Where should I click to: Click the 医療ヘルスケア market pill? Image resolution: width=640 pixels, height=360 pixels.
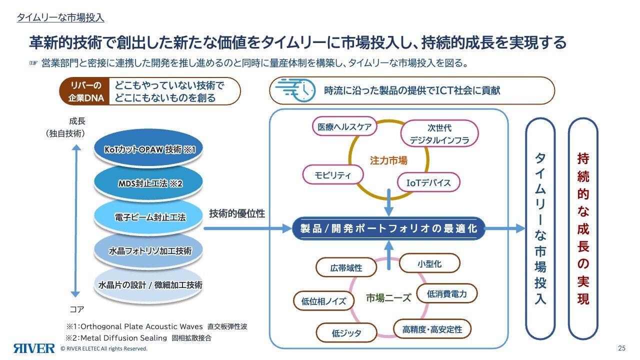pyautogui.click(x=344, y=127)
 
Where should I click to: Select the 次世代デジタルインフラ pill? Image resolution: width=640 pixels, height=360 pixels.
pyautogui.click(x=439, y=134)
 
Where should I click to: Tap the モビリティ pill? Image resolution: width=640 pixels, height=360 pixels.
pyautogui.click(x=333, y=175)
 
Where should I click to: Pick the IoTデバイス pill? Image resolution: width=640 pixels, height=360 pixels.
pyautogui.click(x=428, y=182)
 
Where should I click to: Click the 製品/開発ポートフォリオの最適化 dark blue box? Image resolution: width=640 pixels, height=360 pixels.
pyautogui.click(x=388, y=228)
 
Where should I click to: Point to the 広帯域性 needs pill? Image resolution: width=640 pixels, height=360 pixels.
pyautogui.click(x=346, y=267)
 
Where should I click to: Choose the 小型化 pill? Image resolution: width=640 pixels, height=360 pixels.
pyautogui.click(x=429, y=263)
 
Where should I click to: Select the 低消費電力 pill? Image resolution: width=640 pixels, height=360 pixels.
pyautogui.click(x=446, y=294)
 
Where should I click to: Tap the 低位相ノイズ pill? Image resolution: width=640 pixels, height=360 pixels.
pyautogui.click(x=323, y=301)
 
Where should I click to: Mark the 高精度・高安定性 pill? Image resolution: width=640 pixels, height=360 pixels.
pyautogui.click(x=432, y=329)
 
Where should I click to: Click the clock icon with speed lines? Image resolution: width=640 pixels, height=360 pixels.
pyautogui.click(x=295, y=90)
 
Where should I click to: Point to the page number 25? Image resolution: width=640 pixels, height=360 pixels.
pyautogui.click(x=622, y=348)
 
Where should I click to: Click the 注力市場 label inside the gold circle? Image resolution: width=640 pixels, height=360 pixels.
pyautogui.click(x=388, y=160)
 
